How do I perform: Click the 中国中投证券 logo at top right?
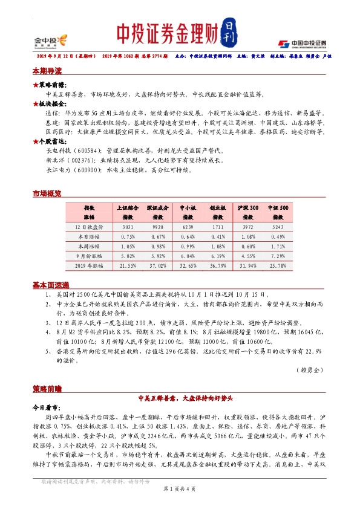[x=302, y=43]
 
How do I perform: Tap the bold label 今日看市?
[x=48, y=407]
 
